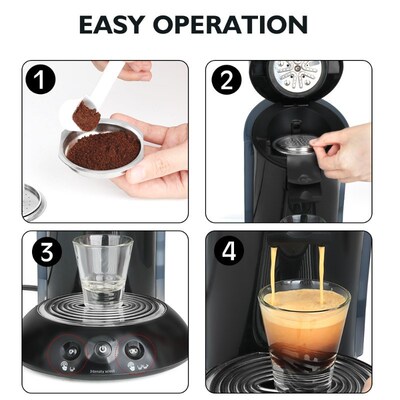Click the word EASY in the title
tap(120, 24)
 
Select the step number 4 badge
tap(227, 252)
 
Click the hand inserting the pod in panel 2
tap(345, 150)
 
